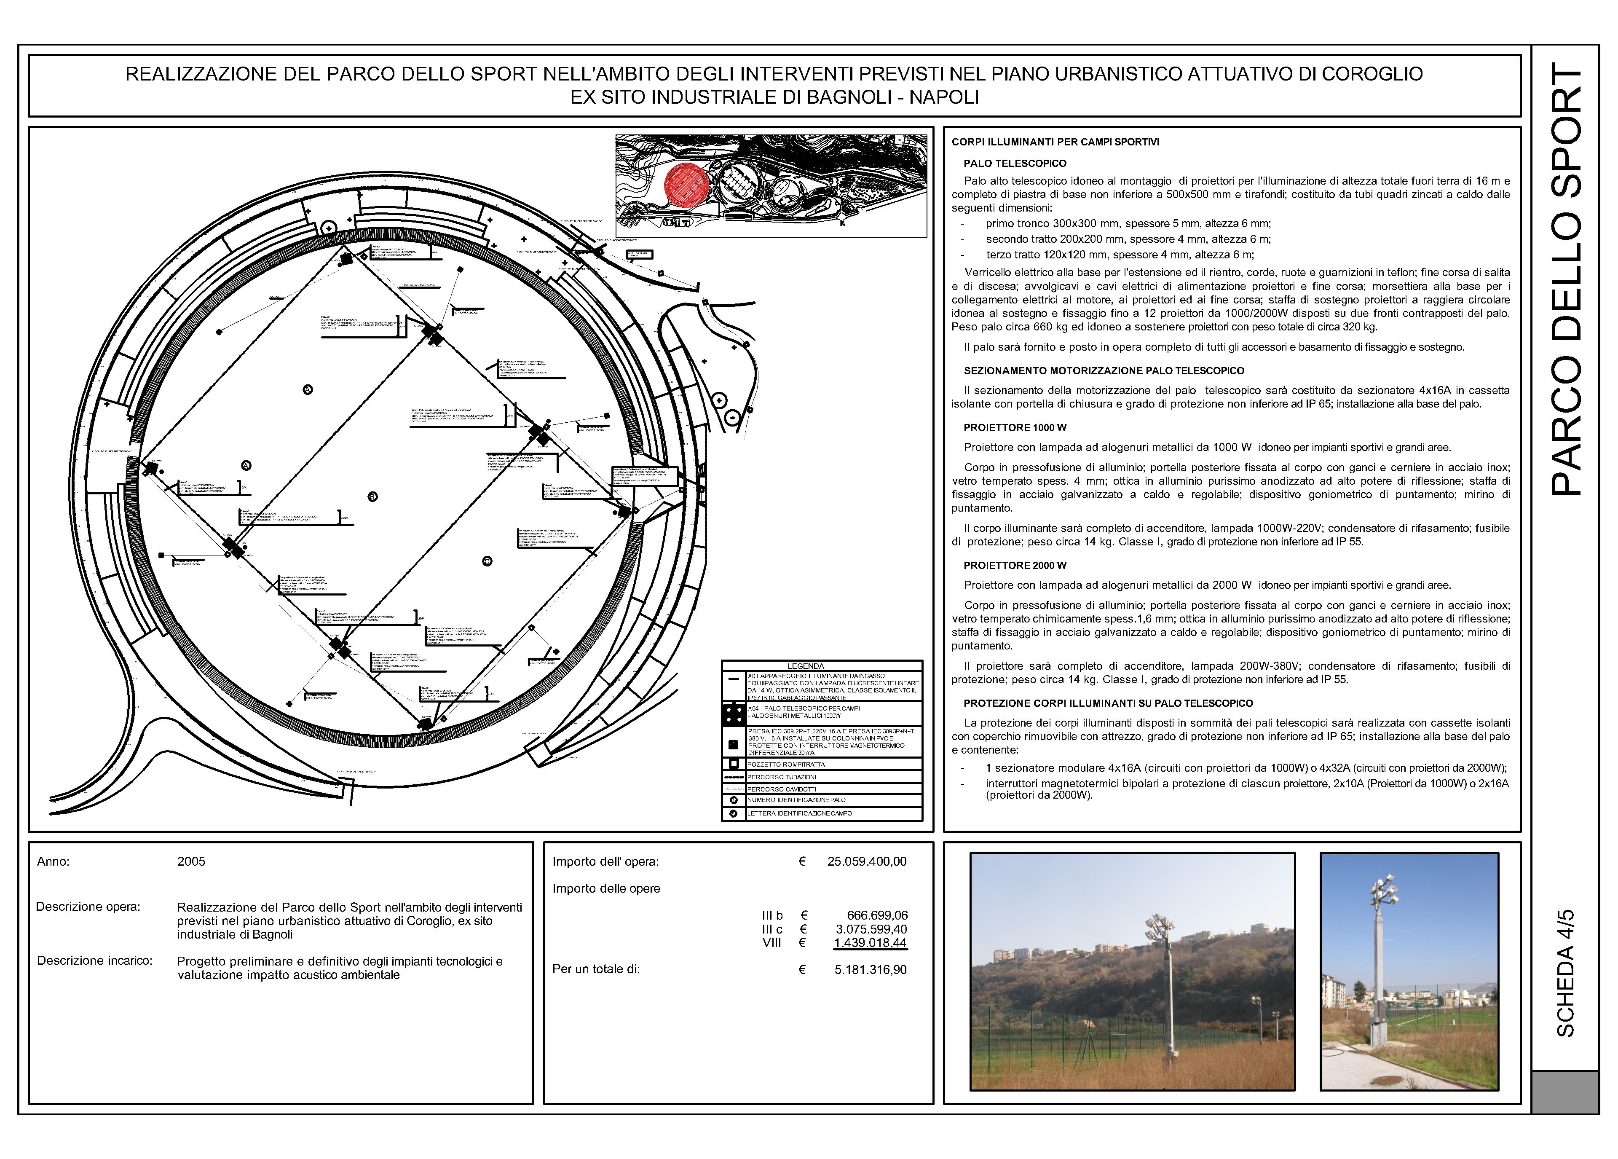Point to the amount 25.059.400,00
click(867, 861)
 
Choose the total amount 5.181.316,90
click(871, 969)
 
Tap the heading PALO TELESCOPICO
click(1015, 164)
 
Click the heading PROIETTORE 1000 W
click(1015, 427)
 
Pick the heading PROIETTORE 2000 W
click(1015, 565)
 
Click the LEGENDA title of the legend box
click(806, 666)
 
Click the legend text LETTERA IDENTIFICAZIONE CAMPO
click(799, 813)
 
